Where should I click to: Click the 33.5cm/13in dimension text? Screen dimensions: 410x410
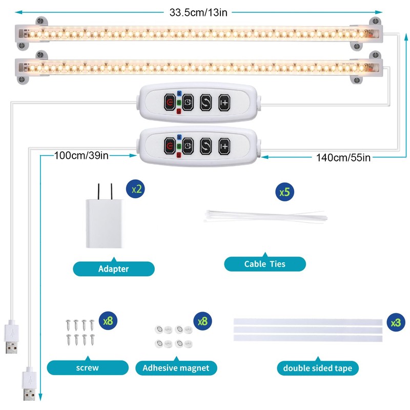click(198, 12)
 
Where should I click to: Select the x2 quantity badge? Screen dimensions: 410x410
click(137, 189)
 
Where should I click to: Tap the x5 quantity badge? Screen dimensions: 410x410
click(284, 193)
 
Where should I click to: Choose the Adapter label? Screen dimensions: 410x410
click(113, 269)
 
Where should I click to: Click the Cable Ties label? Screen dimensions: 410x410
click(265, 264)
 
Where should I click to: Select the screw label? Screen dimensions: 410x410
click(87, 367)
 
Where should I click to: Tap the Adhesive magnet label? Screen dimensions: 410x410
click(176, 367)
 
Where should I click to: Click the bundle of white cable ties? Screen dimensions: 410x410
click(265, 216)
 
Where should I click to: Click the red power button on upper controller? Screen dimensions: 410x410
click(169, 101)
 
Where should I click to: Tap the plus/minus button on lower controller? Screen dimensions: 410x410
click(224, 146)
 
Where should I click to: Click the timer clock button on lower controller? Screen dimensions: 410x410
click(187, 146)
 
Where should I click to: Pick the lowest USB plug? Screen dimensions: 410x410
click(29, 388)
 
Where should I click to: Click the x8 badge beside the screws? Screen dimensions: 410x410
click(108, 321)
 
